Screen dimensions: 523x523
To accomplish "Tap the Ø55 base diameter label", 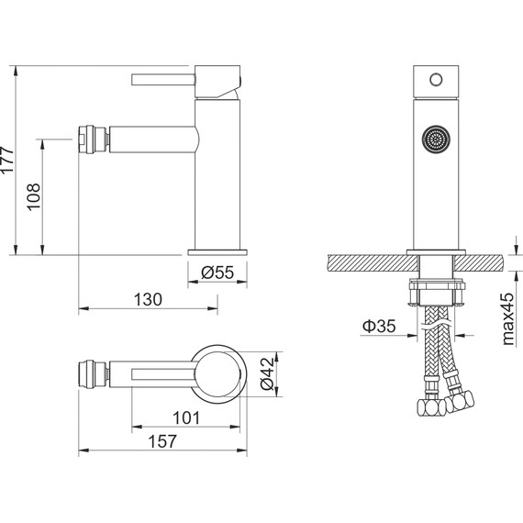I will coord(217,272).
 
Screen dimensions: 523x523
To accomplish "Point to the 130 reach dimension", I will coord(146,299).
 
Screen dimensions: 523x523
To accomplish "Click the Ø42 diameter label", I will coord(266,375).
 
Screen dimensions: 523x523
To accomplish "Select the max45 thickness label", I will coord(506,317).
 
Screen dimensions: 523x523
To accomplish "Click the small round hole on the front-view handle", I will coord(436,79).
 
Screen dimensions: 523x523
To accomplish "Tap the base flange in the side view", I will coord(217,250).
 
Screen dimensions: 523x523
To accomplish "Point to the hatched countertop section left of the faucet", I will coord(362,261).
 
